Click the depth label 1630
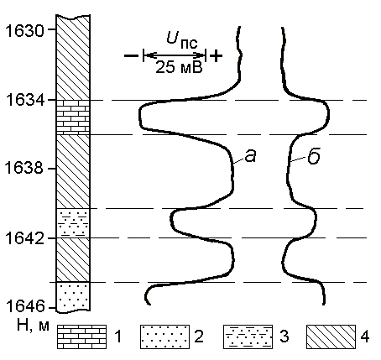[24, 30]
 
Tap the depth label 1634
[24, 100]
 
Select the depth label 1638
[24, 169]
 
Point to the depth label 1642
[24, 238]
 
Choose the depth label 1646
[24, 306]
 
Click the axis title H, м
[33, 326]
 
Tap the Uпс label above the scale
[182, 39]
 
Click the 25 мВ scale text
[179, 67]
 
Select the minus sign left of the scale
[131, 56]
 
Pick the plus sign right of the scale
[216, 56]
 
